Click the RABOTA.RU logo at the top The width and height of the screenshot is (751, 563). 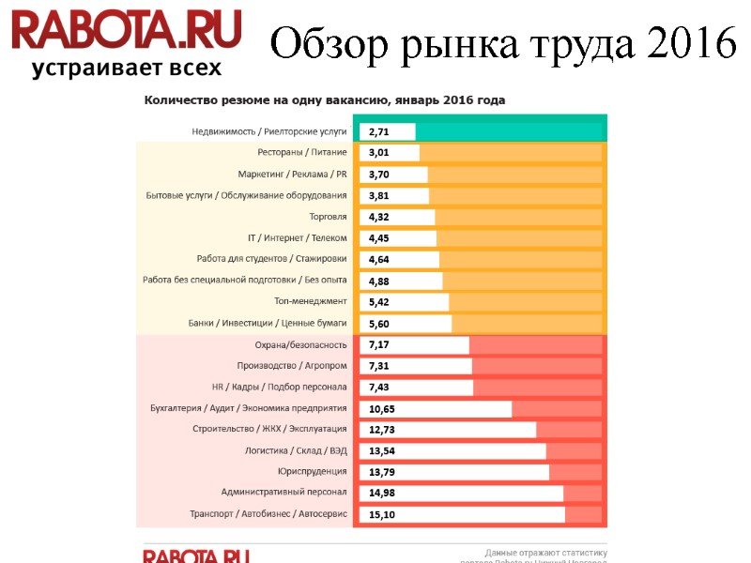(127, 30)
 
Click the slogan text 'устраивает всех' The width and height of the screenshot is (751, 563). (127, 68)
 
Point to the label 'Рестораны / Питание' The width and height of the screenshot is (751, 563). (302, 153)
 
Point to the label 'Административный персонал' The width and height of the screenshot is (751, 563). (284, 493)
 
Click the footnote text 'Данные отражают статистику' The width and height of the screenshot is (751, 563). (545, 553)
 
